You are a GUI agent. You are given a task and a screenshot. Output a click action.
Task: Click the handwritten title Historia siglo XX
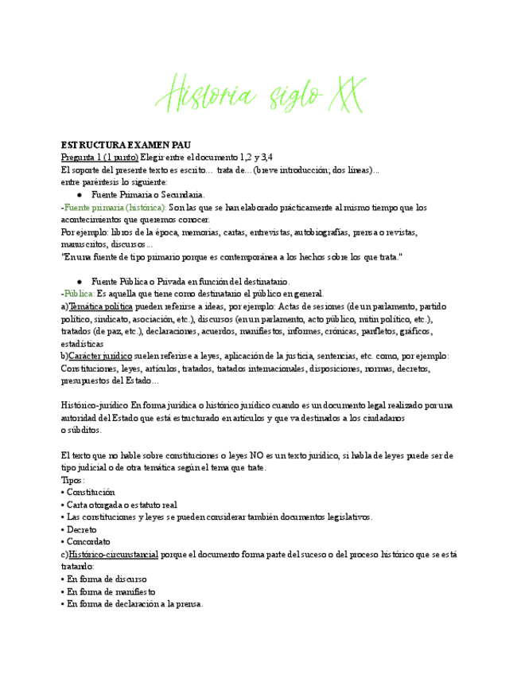tap(260, 94)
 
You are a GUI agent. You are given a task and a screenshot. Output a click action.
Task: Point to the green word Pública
tap(79, 294)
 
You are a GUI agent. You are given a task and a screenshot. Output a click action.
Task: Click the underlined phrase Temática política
tap(100, 306)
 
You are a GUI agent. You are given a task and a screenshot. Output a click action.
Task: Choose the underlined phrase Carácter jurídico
tap(101, 356)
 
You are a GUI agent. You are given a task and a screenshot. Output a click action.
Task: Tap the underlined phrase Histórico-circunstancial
tap(113, 554)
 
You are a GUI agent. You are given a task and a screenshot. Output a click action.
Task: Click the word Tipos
tap(72, 480)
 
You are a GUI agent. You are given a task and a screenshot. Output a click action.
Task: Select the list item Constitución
tap(90, 493)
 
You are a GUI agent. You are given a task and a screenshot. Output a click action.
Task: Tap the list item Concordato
tap(87, 542)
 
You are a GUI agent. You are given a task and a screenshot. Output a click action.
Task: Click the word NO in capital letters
tap(257, 455)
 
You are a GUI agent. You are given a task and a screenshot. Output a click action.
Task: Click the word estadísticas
tap(84, 344)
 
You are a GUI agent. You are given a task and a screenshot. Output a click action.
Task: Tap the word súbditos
tap(83, 431)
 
